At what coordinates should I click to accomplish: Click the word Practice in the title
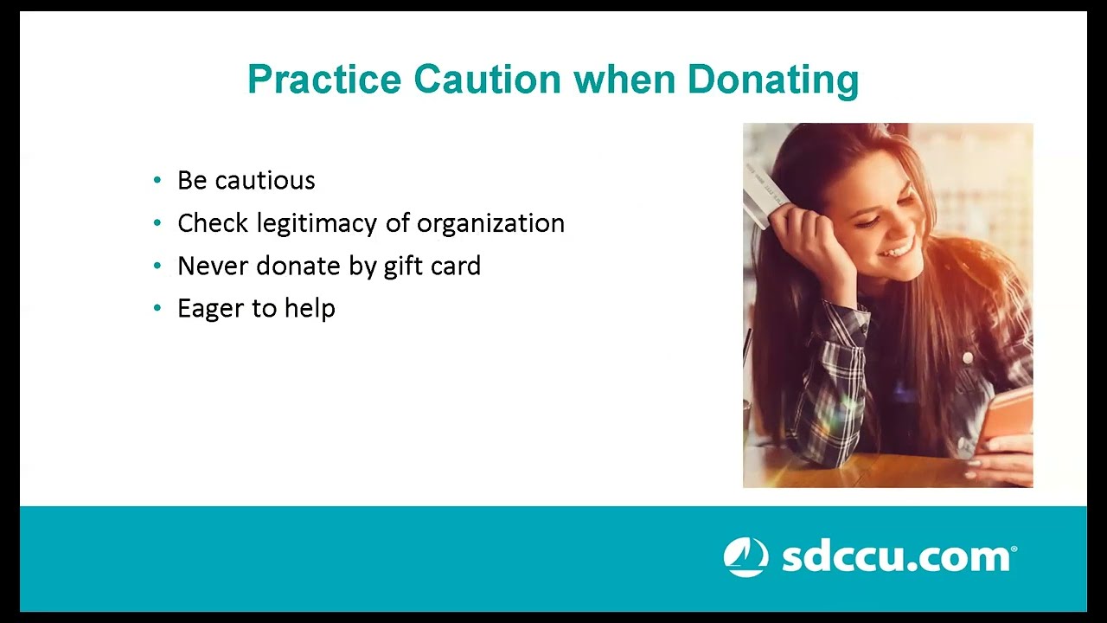pos(324,80)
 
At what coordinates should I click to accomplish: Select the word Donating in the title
pos(772,80)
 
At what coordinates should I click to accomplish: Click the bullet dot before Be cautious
pos(157,180)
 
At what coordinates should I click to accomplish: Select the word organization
pos(490,223)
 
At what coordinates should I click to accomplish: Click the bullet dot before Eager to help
pos(157,308)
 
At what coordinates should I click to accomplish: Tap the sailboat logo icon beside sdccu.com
pos(745,557)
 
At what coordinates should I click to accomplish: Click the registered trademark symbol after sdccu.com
pos(1014,549)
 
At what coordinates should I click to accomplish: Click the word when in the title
pos(624,80)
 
